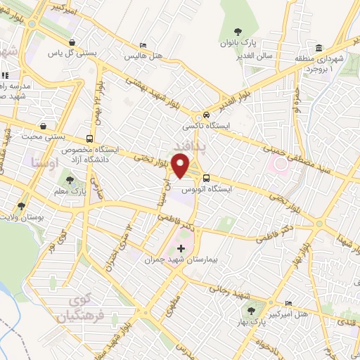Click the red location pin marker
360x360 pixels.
click(x=183, y=166)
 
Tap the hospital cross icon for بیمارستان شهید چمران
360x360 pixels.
click(x=181, y=248)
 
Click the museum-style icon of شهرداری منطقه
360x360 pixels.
click(x=320, y=49)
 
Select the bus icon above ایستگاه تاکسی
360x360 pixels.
click(x=205, y=115)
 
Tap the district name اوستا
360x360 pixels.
click(x=43, y=162)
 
